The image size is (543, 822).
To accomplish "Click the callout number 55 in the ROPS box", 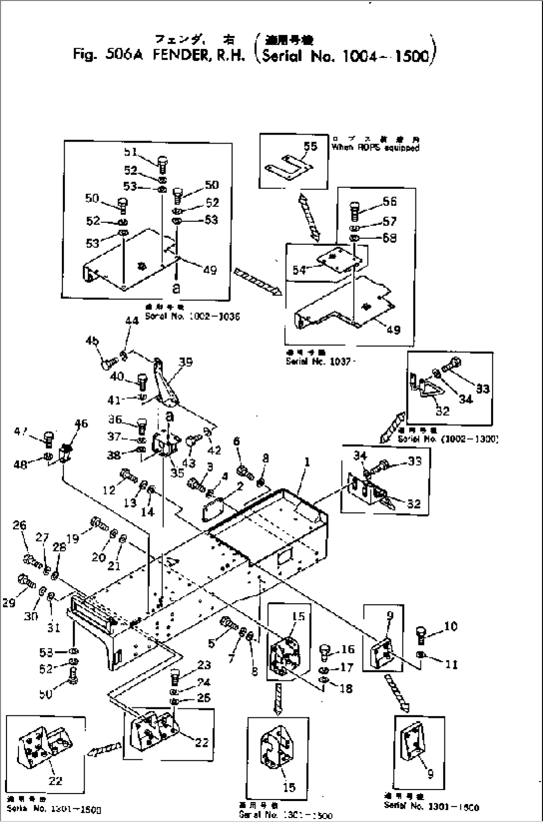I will (x=310, y=146).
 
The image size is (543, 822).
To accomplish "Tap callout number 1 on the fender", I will (x=307, y=462).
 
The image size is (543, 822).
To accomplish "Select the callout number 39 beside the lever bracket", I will (x=185, y=362).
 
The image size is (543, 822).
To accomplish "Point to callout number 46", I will (x=81, y=424).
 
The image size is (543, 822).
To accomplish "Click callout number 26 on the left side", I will (x=19, y=525).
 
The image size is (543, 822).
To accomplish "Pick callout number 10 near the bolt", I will (x=450, y=626).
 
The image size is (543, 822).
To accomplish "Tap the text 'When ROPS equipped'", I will (x=375, y=148).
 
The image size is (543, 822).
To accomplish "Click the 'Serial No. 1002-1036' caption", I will (x=192, y=317).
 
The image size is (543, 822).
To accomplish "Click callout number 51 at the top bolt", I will (x=131, y=152).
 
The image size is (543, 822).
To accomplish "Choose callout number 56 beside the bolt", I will (x=390, y=201).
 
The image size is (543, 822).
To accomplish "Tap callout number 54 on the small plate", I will (x=299, y=270).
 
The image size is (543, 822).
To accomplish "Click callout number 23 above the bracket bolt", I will (x=204, y=665).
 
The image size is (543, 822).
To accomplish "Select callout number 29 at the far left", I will (x=9, y=603).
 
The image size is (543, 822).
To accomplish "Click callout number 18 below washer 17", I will (x=346, y=688).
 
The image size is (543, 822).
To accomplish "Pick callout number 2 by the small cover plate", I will (x=240, y=487).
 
